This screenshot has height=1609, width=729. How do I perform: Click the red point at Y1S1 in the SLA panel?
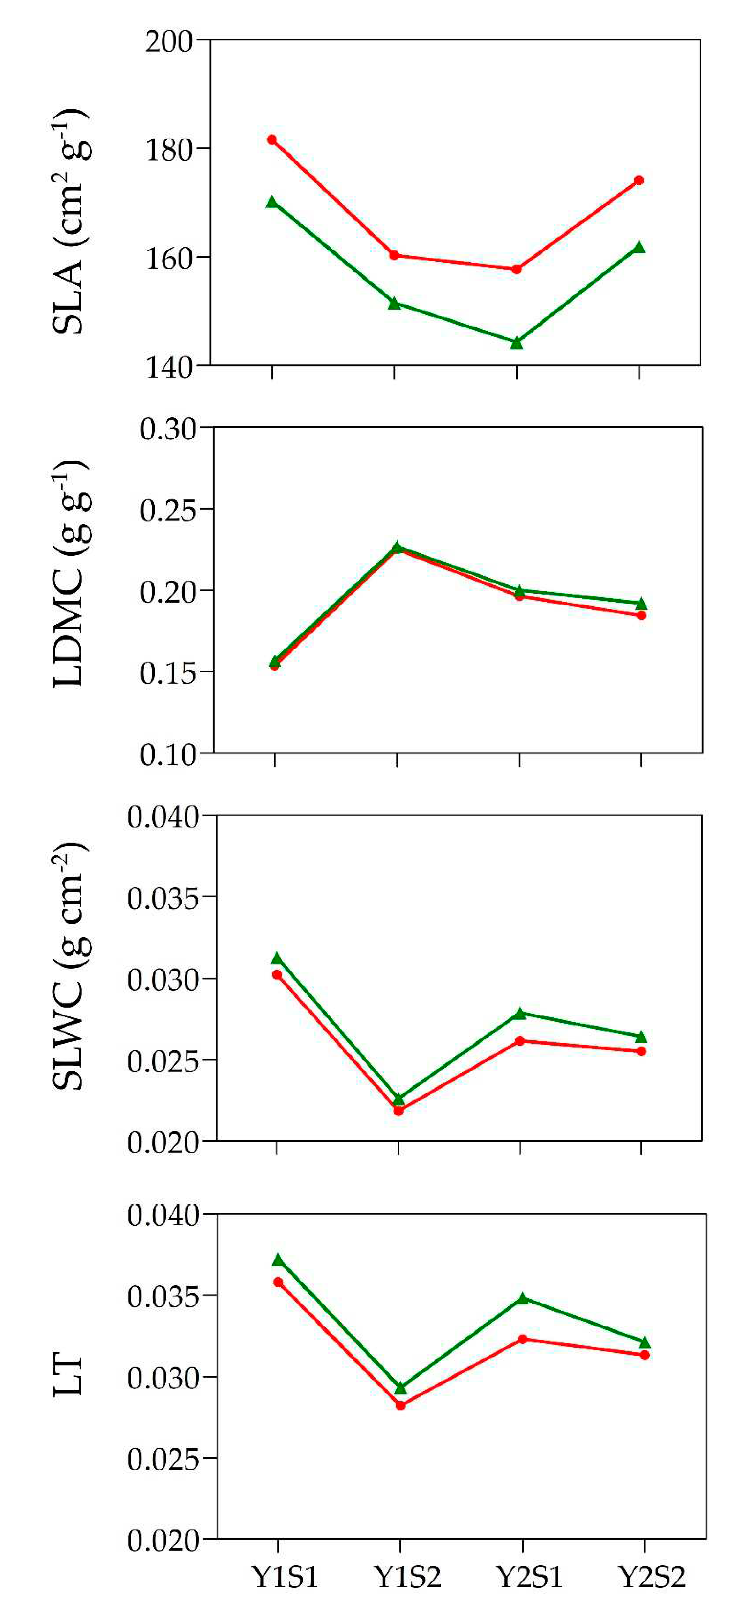(x=272, y=139)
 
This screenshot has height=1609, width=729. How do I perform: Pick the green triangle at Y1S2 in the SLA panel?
(x=394, y=304)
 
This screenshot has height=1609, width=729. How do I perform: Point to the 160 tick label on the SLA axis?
(x=169, y=258)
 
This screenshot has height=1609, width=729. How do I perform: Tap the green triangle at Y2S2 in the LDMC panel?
(x=641, y=603)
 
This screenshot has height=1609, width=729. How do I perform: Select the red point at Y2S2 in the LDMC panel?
(x=641, y=615)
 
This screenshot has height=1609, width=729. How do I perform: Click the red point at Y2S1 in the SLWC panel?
(x=520, y=1041)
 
